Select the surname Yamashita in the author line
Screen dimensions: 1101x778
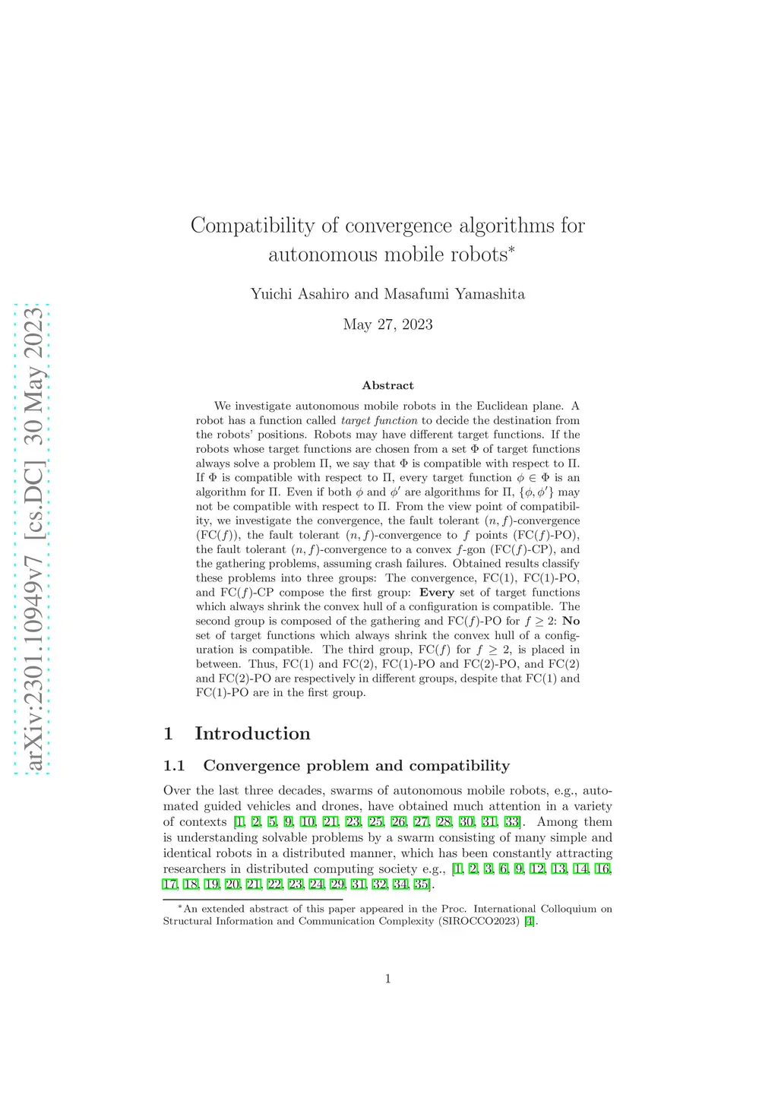pyautogui.click(x=489, y=294)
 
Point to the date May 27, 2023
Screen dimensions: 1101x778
pyautogui.click(x=387, y=324)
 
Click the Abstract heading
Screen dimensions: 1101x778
pyautogui.click(x=387, y=385)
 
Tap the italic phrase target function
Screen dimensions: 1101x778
pyautogui.click(x=379, y=420)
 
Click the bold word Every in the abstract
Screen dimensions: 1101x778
pyautogui.click(x=437, y=593)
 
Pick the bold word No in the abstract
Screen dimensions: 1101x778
pyautogui.click(x=571, y=621)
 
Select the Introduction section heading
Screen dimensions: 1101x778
pyautogui.click(x=252, y=733)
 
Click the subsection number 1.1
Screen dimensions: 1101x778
pyautogui.click(x=175, y=765)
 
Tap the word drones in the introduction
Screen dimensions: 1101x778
pyautogui.click(x=340, y=806)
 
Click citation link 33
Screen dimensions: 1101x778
pyautogui.click(x=511, y=822)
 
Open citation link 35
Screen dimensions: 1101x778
pyautogui.click(x=421, y=884)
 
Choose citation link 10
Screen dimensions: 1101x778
pyautogui.click(x=308, y=822)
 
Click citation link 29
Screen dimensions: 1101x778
pyautogui.click(x=337, y=884)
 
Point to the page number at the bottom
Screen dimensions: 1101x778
pyautogui.click(x=387, y=979)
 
